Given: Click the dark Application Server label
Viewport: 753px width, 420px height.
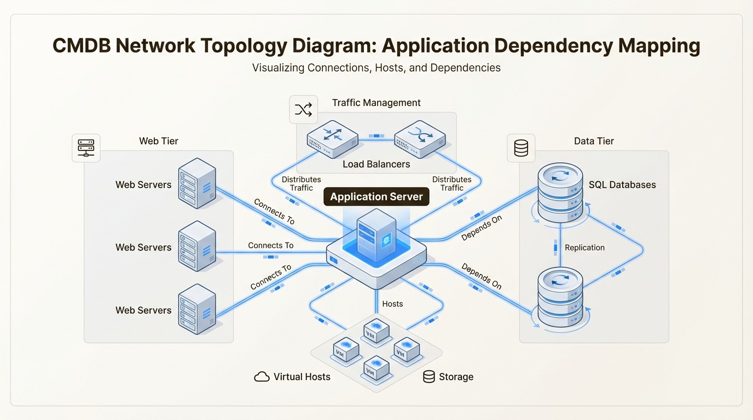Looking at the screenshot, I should tap(376, 197).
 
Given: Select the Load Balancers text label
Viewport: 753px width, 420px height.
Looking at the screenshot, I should tap(376, 164).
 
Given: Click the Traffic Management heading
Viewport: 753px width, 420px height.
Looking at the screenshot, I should tap(376, 103).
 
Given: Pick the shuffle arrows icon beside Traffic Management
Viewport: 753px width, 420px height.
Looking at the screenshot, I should tap(303, 109).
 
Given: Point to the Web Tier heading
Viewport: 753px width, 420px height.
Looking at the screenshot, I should tap(159, 141).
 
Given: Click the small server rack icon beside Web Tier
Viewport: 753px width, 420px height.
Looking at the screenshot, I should tap(86, 148).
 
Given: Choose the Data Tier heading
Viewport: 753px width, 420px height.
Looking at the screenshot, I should tap(594, 141).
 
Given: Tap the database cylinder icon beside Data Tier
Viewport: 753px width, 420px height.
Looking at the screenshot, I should tap(521, 148).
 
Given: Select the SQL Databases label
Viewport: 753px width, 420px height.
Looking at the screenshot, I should tap(622, 185).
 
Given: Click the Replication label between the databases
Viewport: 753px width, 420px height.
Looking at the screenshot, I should tap(584, 248).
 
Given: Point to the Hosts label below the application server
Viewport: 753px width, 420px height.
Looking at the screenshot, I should tap(392, 304).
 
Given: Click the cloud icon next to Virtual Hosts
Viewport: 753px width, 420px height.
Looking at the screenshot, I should tap(262, 377).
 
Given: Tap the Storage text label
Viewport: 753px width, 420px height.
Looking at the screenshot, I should tap(455, 377).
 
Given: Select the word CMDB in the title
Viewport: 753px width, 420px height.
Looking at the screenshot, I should tap(81, 46).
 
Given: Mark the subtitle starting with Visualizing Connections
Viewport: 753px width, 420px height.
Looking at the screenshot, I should tap(376, 68).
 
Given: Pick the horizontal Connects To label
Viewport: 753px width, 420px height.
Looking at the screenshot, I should tap(270, 246).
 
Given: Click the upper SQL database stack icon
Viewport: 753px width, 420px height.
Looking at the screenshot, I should tap(560, 191).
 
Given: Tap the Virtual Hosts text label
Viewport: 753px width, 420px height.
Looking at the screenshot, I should tap(302, 377).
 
